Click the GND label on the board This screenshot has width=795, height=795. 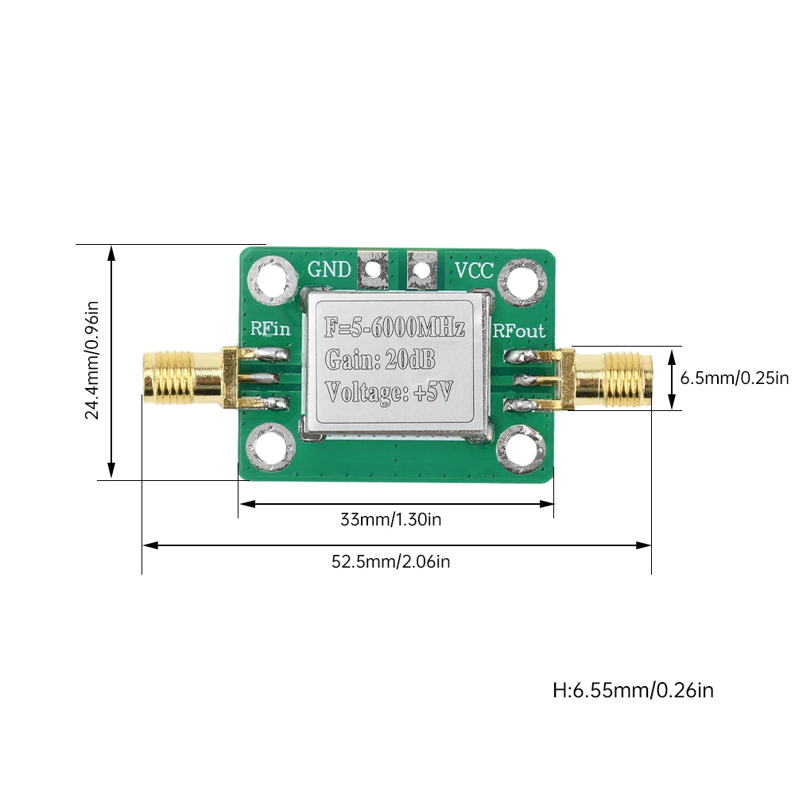329,270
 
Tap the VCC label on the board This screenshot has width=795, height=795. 474,270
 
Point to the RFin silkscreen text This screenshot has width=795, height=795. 270,328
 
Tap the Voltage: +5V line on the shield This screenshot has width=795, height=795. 389,391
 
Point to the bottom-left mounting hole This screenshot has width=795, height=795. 270,449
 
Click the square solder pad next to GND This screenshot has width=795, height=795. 373,271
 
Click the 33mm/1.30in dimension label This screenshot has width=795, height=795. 391,521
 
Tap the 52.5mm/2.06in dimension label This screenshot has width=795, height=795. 391,562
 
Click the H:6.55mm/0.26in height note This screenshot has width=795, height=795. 633,690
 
